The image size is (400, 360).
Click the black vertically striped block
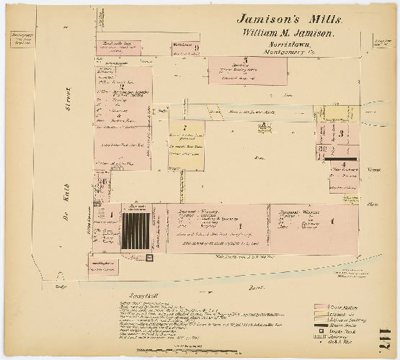coord(135,231)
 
